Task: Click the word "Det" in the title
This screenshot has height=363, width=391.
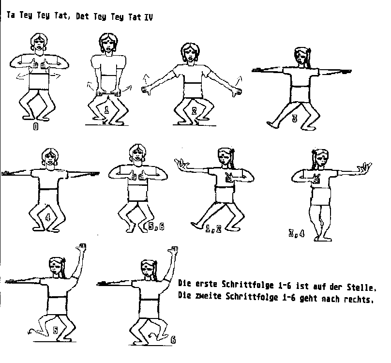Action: pos(82,16)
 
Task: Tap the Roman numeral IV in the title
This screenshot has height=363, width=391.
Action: pos(149,17)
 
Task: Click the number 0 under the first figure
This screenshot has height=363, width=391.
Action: pos(36,127)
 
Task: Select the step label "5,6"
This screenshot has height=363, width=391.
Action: pos(156,227)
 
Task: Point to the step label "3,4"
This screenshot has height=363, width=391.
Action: pos(297,234)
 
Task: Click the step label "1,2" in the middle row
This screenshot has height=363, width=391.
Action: pos(213,229)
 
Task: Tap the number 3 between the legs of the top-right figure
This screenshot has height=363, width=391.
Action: pos(295,118)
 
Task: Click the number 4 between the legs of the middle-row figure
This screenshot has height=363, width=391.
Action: pos(48,217)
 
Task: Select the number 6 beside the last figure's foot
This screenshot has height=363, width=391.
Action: pos(173,340)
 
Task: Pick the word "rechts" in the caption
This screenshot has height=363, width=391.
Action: pos(359,299)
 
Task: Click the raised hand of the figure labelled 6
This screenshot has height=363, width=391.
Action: pos(173,249)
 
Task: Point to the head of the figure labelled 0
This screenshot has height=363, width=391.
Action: pos(39,43)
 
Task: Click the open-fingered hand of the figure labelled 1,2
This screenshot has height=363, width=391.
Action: pos(182,164)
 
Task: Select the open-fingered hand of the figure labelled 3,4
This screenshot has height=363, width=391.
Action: pos(364,167)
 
